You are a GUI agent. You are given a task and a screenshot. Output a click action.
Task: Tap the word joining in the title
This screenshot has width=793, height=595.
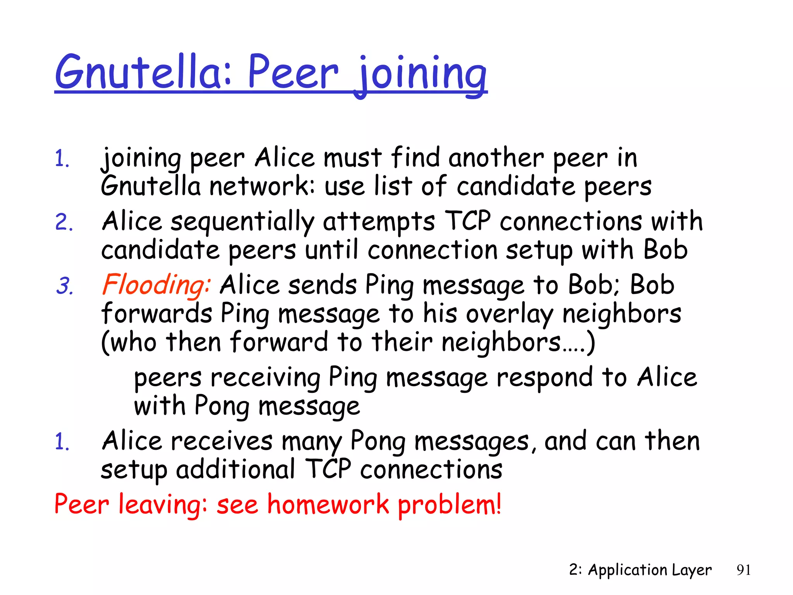(x=421, y=74)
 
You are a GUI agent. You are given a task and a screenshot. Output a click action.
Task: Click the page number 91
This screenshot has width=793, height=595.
(x=743, y=570)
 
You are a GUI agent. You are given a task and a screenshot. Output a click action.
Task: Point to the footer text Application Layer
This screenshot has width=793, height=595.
(x=649, y=570)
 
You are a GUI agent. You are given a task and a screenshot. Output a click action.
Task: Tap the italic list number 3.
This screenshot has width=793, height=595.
(x=65, y=286)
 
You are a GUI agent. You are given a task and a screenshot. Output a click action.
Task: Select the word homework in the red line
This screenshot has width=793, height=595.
(x=328, y=504)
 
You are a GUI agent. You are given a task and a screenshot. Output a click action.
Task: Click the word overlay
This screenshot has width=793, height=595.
(x=510, y=314)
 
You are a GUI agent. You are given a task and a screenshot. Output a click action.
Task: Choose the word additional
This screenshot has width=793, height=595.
(x=235, y=469)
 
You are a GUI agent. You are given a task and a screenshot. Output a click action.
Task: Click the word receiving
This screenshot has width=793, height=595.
(x=265, y=378)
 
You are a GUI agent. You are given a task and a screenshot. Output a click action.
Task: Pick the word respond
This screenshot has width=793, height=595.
(x=544, y=378)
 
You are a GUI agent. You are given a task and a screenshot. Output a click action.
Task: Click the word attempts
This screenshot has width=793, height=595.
(x=379, y=222)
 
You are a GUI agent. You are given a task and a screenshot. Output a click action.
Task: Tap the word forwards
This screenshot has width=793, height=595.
(x=157, y=314)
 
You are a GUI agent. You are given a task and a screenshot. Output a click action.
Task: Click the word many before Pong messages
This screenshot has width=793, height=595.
(x=312, y=442)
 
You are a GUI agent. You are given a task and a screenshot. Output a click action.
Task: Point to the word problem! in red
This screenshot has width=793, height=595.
(x=450, y=505)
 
